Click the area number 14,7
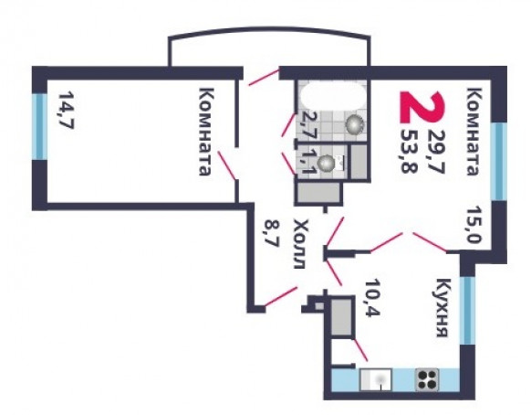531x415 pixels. [67, 110]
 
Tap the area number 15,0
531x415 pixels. [474, 224]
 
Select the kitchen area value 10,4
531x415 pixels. [373, 298]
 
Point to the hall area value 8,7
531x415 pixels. [271, 233]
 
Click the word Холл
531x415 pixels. [301, 244]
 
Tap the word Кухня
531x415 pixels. [444, 308]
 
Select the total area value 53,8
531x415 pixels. [409, 151]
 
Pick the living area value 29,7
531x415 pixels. [435, 151]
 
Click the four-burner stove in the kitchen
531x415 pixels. [427, 379]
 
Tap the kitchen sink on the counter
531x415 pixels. [376, 379]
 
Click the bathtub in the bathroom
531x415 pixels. [333, 95]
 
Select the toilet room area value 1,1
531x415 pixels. [307, 161]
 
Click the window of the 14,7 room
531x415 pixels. [39, 126]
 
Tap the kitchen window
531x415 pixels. [468, 311]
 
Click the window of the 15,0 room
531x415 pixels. [499, 161]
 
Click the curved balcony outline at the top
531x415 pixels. [269, 30]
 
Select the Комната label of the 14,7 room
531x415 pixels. [207, 132]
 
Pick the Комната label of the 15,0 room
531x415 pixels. [474, 132]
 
